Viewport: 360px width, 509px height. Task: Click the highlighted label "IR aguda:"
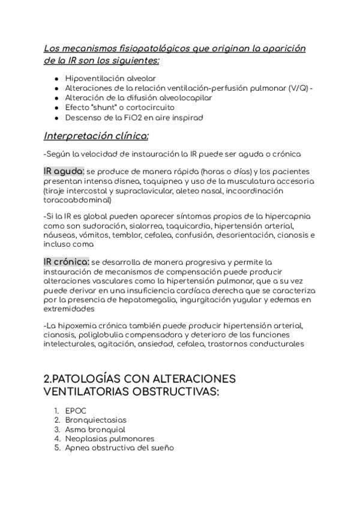(x=64, y=171)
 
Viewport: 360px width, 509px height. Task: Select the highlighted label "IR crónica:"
(x=67, y=262)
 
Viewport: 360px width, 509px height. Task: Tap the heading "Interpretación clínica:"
(x=96, y=135)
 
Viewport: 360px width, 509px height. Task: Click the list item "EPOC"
(x=76, y=411)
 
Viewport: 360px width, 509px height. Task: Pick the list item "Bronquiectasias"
(x=96, y=420)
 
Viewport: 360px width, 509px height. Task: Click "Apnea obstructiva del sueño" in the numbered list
(x=119, y=448)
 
